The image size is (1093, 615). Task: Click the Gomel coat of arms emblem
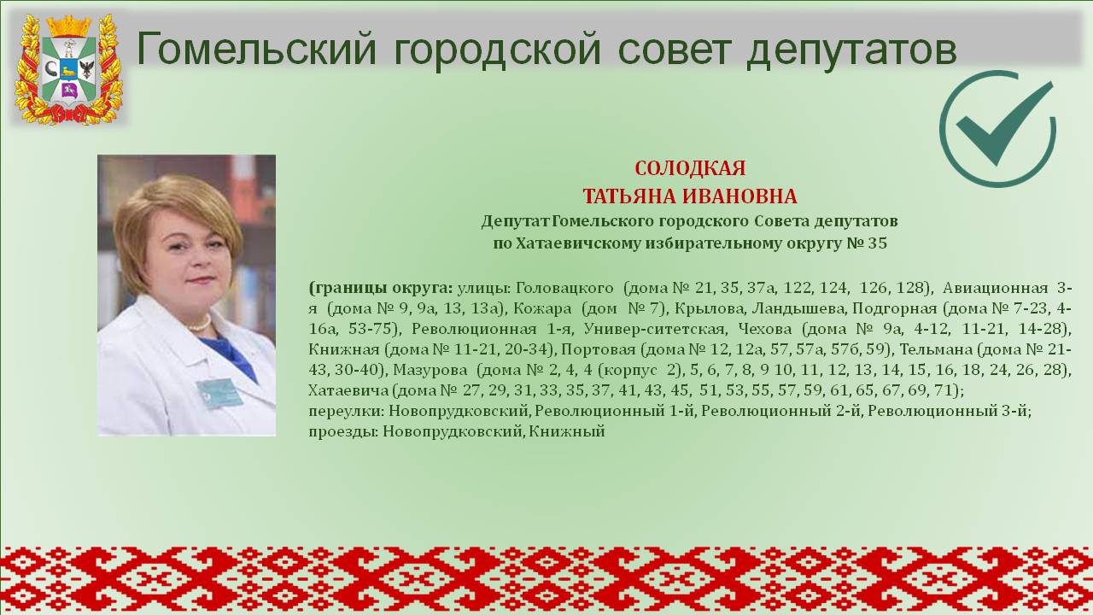coord(69,69)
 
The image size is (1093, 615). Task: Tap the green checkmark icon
coord(998,129)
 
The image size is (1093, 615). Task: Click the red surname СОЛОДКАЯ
coord(690,168)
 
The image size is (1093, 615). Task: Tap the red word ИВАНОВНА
coord(739,196)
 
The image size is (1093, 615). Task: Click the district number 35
coord(877,243)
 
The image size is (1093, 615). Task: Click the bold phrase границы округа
coord(381,288)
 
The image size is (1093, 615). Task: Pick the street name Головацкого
coord(564,288)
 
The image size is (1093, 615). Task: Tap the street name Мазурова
coord(430,370)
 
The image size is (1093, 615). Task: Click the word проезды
coord(343,432)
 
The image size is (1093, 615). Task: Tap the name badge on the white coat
coord(219,394)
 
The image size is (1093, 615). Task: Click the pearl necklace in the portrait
coord(200,323)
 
